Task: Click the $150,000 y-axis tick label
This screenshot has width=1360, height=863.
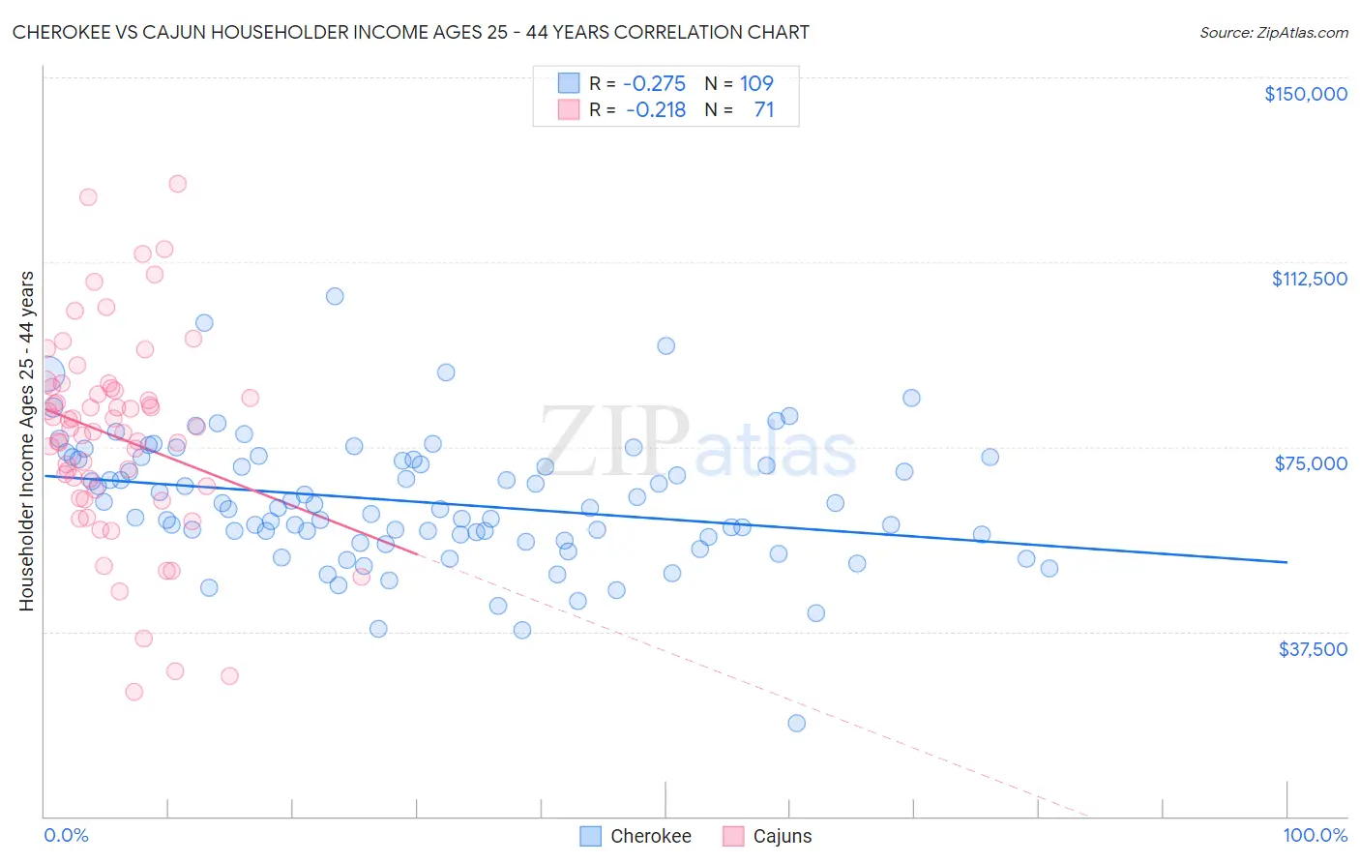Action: (x=1305, y=94)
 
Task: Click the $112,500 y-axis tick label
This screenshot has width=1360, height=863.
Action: (x=1309, y=279)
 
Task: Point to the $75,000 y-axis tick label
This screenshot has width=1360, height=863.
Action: (x=1311, y=463)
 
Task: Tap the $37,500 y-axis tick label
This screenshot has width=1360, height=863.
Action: (x=1313, y=649)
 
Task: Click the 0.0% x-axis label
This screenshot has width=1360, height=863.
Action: (x=66, y=835)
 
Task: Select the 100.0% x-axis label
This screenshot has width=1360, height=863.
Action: (x=1315, y=835)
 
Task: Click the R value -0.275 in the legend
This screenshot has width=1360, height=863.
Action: (x=654, y=83)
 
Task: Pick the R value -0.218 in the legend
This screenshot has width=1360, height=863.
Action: (x=656, y=109)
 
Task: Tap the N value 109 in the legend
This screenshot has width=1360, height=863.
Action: (x=756, y=83)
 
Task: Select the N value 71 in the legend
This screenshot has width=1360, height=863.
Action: (x=763, y=109)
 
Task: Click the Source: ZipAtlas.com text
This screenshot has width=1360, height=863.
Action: (x=1273, y=32)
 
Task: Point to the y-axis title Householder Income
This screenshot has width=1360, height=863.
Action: (x=26, y=440)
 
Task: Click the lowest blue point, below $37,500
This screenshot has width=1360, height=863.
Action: (x=796, y=723)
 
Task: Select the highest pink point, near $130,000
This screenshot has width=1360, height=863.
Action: (x=177, y=184)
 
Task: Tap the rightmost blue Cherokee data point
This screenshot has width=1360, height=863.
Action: (x=1049, y=568)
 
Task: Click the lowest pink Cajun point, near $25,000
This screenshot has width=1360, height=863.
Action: (x=133, y=692)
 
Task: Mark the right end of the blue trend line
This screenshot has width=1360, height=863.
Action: (x=1286, y=562)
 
